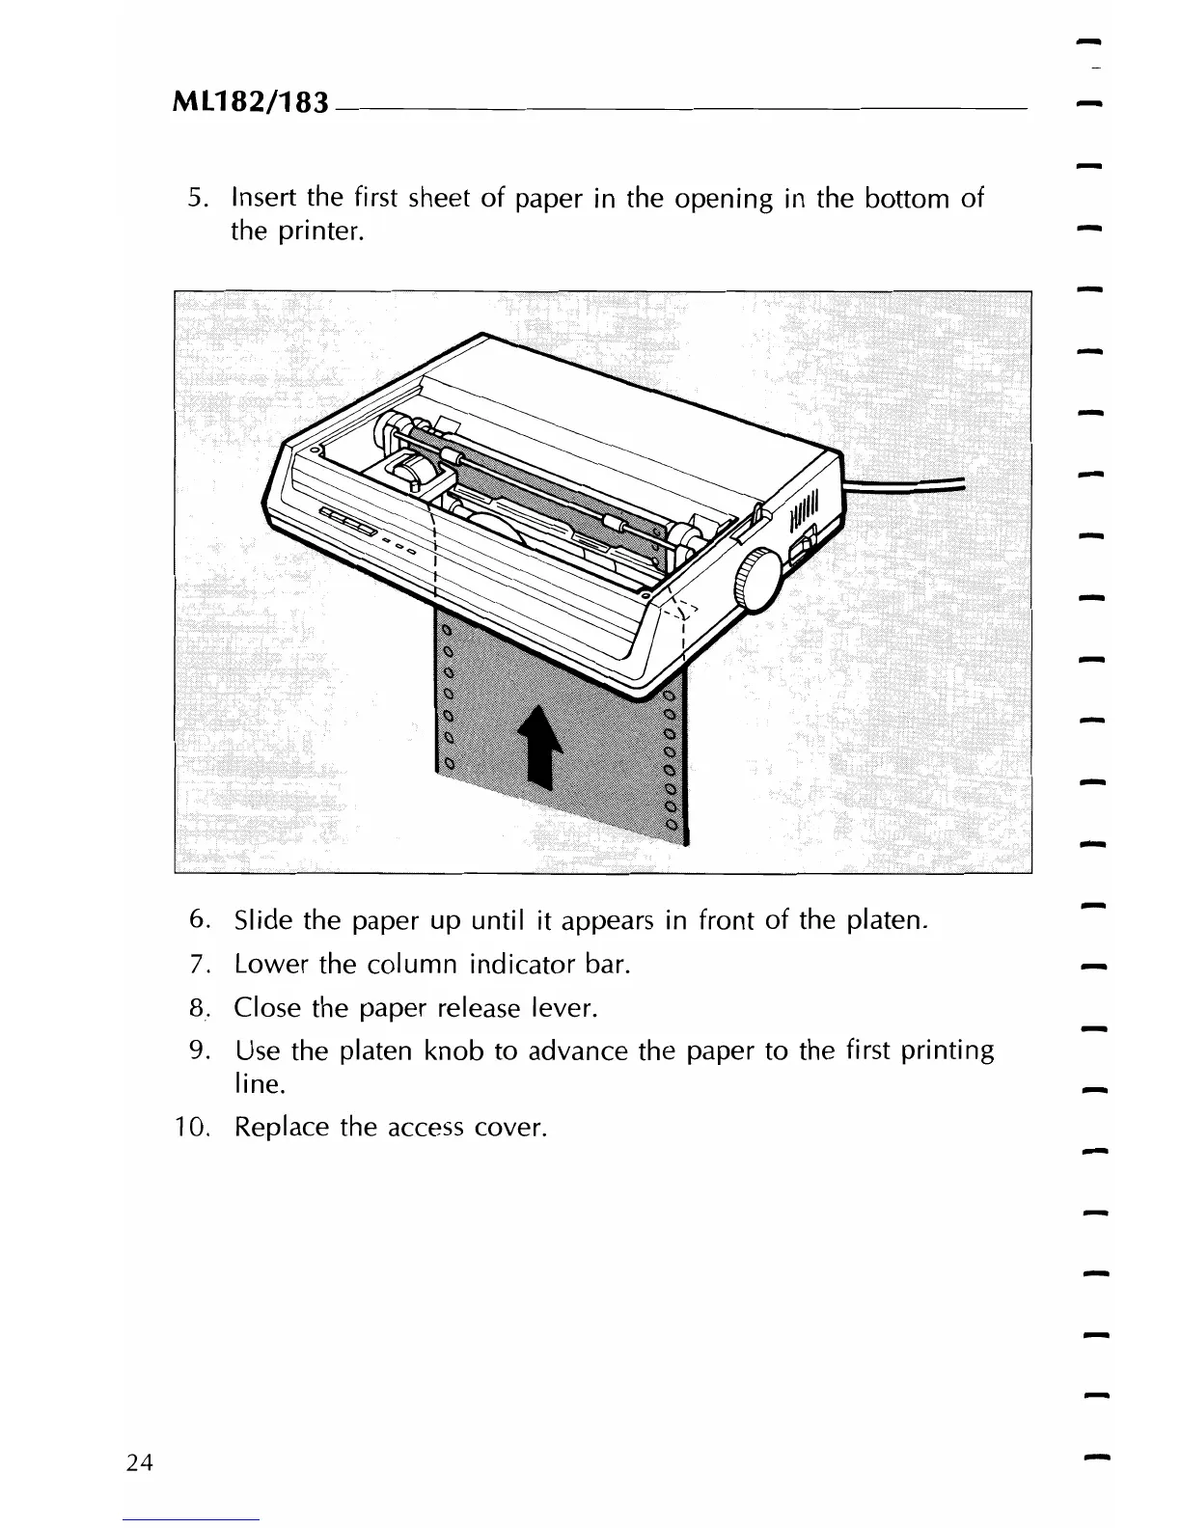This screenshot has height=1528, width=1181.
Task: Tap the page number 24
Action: tap(140, 1462)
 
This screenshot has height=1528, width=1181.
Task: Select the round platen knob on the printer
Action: tap(755, 582)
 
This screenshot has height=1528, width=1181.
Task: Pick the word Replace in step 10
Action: tap(282, 1128)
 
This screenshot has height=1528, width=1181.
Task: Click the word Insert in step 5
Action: tap(263, 200)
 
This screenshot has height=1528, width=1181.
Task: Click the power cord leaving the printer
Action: tap(907, 485)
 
